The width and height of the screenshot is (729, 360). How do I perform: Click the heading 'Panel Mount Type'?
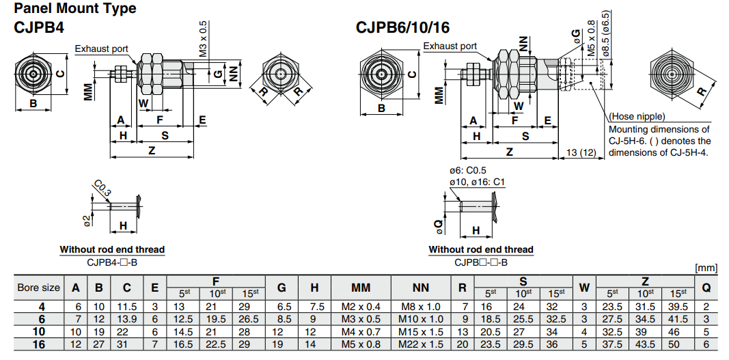pyautogui.click(x=75, y=9)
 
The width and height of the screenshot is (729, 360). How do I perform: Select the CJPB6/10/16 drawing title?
pyautogui.click(x=402, y=28)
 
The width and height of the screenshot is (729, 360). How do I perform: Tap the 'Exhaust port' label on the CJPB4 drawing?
pyautogui.click(x=101, y=49)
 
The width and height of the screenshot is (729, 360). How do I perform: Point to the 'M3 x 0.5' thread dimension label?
pyautogui.click(x=203, y=38)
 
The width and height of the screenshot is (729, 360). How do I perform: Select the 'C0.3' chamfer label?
pyautogui.click(x=102, y=188)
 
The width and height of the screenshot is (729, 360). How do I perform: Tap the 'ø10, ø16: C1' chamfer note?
pyautogui.click(x=477, y=182)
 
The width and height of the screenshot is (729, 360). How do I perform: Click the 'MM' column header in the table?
pyautogui.click(x=361, y=288)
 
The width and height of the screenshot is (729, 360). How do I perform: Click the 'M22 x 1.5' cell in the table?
pyautogui.click(x=420, y=344)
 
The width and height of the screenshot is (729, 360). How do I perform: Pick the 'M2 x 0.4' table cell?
pyautogui.click(x=361, y=307)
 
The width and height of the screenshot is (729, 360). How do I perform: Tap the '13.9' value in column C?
pyautogui.click(x=127, y=319)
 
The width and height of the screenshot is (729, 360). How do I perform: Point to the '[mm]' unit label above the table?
pyautogui.click(x=706, y=268)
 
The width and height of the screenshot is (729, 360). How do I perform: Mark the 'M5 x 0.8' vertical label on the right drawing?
pyautogui.click(x=591, y=46)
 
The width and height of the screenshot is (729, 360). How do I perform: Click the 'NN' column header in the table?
pyautogui.click(x=420, y=288)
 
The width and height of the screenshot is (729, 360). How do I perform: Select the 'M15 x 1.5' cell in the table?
pyautogui.click(x=420, y=331)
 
